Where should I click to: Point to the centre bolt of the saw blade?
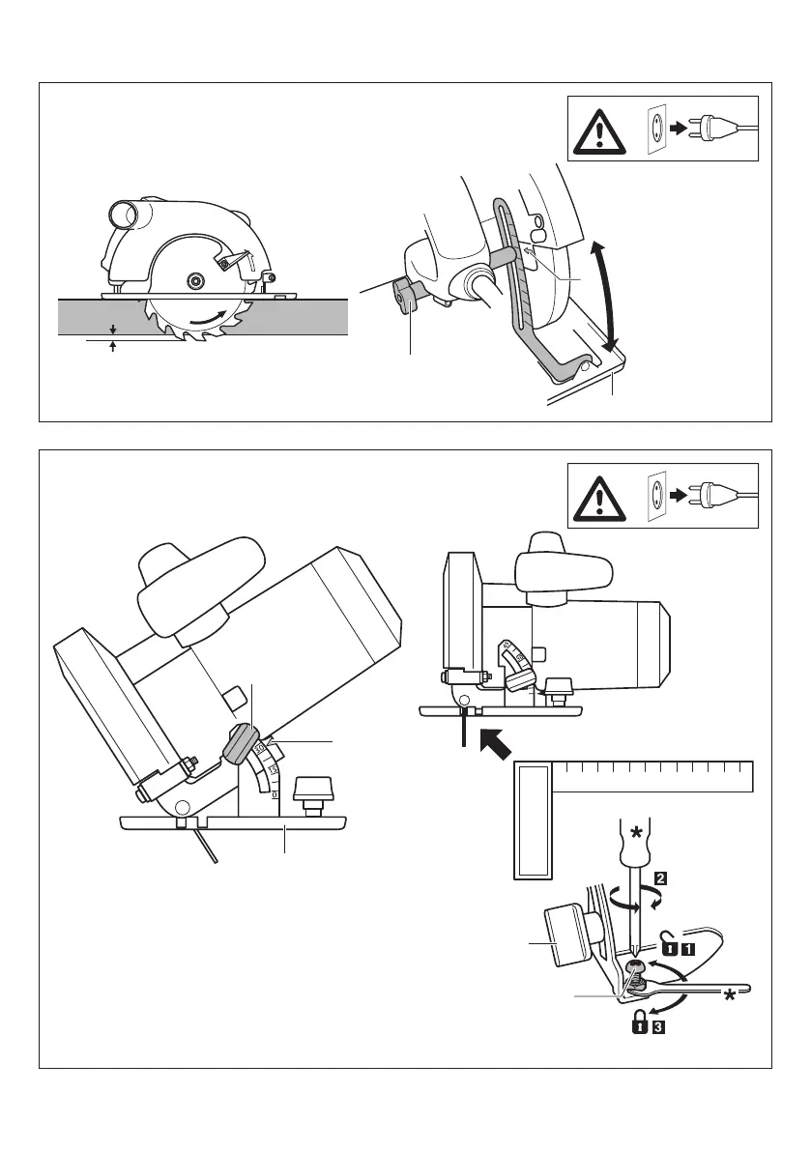pyautogui.click(x=196, y=280)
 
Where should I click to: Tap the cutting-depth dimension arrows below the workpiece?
pyautogui.click(x=114, y=336)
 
